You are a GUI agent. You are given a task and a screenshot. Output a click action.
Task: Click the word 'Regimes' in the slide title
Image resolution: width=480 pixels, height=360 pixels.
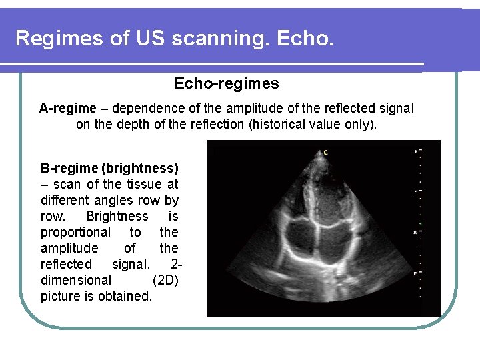click(57, 38)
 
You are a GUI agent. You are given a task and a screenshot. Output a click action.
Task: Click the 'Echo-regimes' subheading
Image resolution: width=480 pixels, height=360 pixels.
click(227, 84)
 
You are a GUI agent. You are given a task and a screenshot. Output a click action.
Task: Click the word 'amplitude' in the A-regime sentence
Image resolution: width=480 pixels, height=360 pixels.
click(248, 108)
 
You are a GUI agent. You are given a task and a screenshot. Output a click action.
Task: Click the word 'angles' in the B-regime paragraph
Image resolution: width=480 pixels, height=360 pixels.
click(116, 200)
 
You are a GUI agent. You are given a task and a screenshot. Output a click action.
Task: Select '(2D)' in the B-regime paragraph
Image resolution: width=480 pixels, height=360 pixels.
click(165, 280)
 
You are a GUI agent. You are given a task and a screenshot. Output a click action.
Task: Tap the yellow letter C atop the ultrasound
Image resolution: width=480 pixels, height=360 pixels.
click(325, 153)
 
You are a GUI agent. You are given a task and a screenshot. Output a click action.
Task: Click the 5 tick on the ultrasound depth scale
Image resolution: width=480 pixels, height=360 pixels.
click(416, 191)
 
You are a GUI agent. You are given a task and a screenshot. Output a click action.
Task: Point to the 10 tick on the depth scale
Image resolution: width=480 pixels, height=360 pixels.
click(416, 232)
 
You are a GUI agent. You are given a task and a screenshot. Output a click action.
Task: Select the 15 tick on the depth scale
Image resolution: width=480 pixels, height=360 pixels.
click(416, 273)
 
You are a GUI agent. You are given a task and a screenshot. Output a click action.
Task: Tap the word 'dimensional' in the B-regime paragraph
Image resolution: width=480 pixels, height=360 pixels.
click(75, 280)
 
